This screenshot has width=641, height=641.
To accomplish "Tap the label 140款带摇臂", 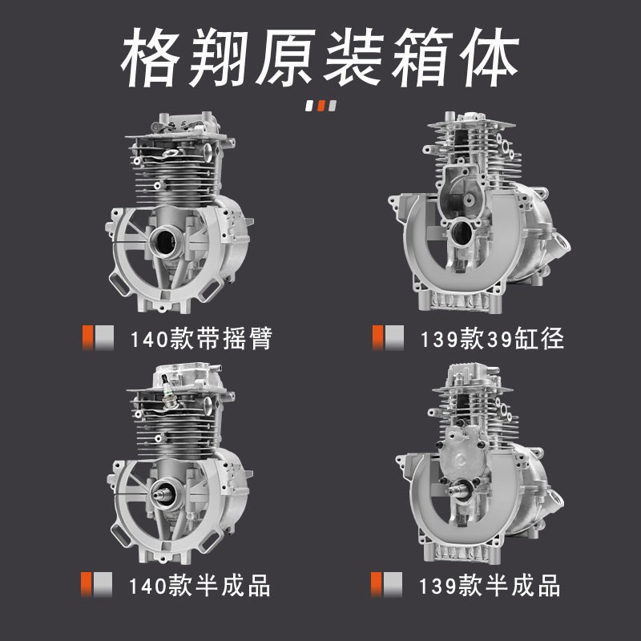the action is coord(200,338).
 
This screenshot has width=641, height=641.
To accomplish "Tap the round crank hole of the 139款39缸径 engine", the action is coord(462,233).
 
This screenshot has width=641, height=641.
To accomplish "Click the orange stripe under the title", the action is coord(320,105).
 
